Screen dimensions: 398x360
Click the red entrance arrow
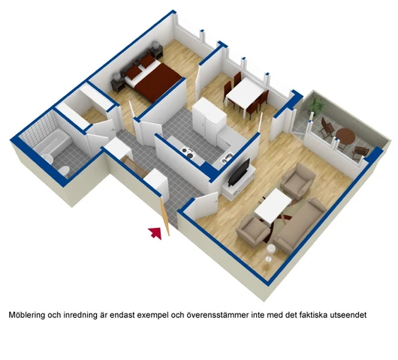(155, 232)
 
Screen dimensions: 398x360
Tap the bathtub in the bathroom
(53, 141)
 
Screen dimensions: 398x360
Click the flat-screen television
(239, 172)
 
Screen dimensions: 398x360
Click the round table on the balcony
(345, 136)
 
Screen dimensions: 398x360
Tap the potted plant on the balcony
(315, 106)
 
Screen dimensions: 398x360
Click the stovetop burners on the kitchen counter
(187, 152)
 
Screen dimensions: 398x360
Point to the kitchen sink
(227, 158)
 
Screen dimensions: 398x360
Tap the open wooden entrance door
(164, 217)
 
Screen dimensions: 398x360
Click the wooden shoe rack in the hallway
(134, 166)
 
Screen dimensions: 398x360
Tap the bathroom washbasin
(47, 159)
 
